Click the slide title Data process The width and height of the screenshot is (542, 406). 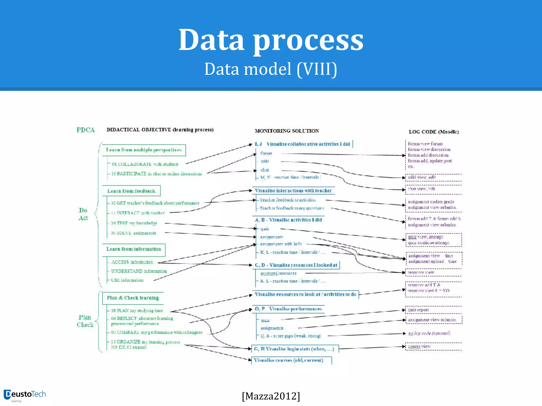coord(271,40)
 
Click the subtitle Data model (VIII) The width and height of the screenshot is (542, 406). coord(271,69)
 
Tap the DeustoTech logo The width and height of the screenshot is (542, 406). coord(25,395)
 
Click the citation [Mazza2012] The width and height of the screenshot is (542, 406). coord(271,396)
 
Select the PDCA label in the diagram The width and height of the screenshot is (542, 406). coord(85,130)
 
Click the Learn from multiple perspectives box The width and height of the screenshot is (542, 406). coord(144,150)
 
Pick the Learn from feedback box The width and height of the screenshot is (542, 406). coord(131,191)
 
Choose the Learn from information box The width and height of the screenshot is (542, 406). coord(134,249)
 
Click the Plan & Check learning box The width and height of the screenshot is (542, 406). coord(133,298)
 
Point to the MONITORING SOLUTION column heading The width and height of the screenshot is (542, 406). coord(287,131)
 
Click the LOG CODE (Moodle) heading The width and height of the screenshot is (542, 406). coord(433,132)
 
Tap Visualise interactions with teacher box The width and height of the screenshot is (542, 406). coord(293,191)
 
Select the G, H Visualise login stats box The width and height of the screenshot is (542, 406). coord(294,349)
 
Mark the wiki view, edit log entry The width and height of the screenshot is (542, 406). coord(422,177)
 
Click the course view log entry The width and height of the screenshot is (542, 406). coord(419,346)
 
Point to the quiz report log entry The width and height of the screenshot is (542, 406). coord(418,310)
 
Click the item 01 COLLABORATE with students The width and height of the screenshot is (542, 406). coord(145,164)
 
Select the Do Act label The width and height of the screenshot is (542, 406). coord(83,214)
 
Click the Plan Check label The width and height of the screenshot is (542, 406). coord(85,321)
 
